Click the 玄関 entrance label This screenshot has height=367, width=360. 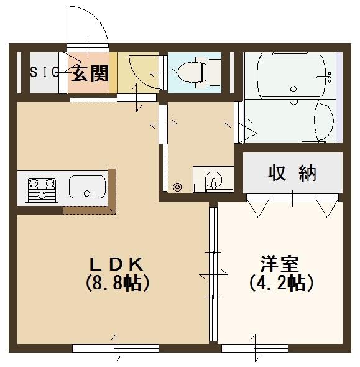point(90,73)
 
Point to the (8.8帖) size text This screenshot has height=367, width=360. point(117,284)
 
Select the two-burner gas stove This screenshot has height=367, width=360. point(40,188)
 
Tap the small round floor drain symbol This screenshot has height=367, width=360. point(177,185)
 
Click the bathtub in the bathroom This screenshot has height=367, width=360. point(285,76)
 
